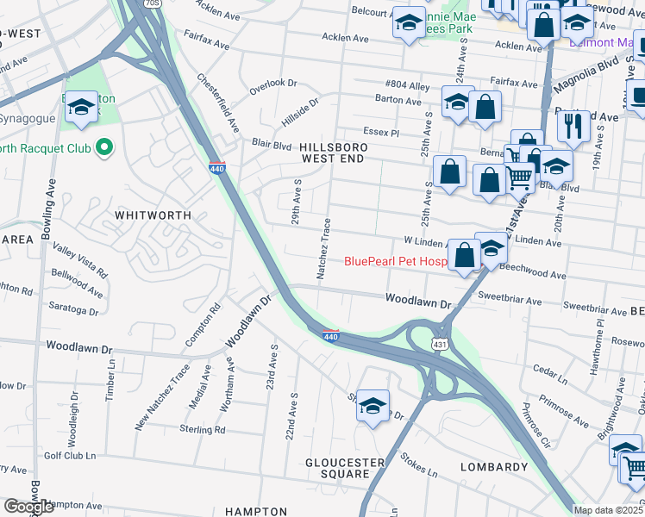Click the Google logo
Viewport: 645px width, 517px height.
(x=28, y=507)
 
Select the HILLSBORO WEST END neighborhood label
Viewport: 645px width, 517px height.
(x=334, y=153)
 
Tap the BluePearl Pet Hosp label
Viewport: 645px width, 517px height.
(x=396, y=261)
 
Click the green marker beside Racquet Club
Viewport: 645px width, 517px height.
(x=104, y=148)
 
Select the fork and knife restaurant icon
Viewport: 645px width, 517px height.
(x=573, y=126)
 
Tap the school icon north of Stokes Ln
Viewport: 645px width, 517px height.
(x=372, y=406)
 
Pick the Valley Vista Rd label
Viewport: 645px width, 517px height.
(x=79, y=261)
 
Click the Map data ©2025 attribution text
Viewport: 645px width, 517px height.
(x=609, y=510)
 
